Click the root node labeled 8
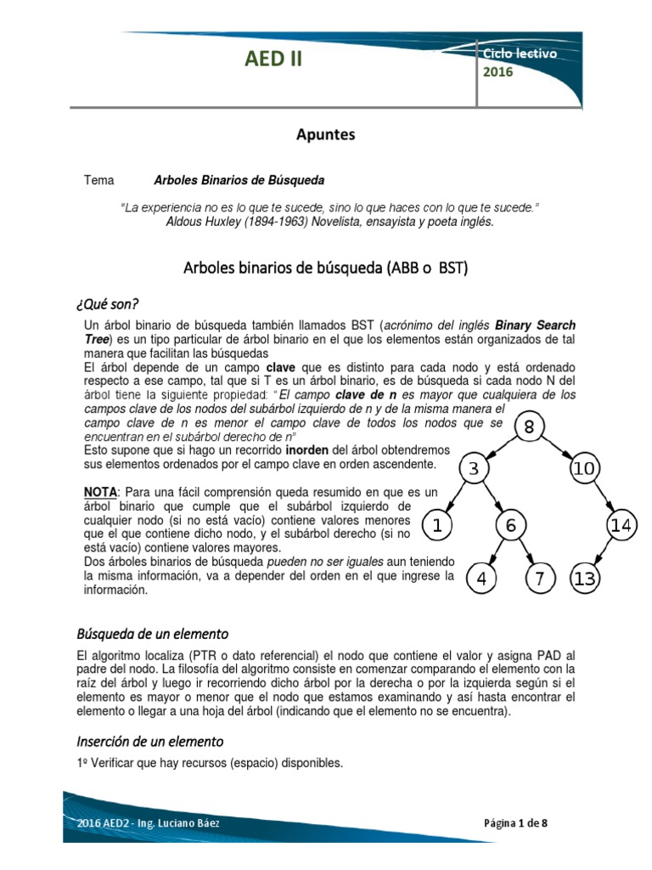(530, 428)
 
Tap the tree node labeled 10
(583, 469)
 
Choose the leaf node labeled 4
(481, 579)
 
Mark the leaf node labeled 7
(541, 579)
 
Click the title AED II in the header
(273, 59)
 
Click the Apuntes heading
(325, 134)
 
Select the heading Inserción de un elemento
(149, 741)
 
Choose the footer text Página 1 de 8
(521, 823)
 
